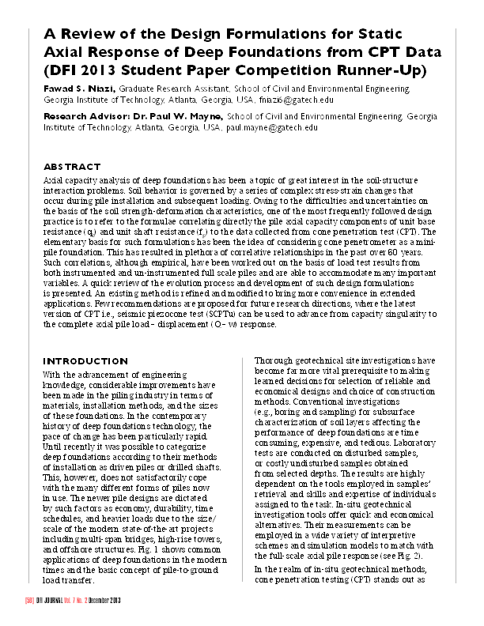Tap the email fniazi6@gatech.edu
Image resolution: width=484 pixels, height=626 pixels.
[303, 100]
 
